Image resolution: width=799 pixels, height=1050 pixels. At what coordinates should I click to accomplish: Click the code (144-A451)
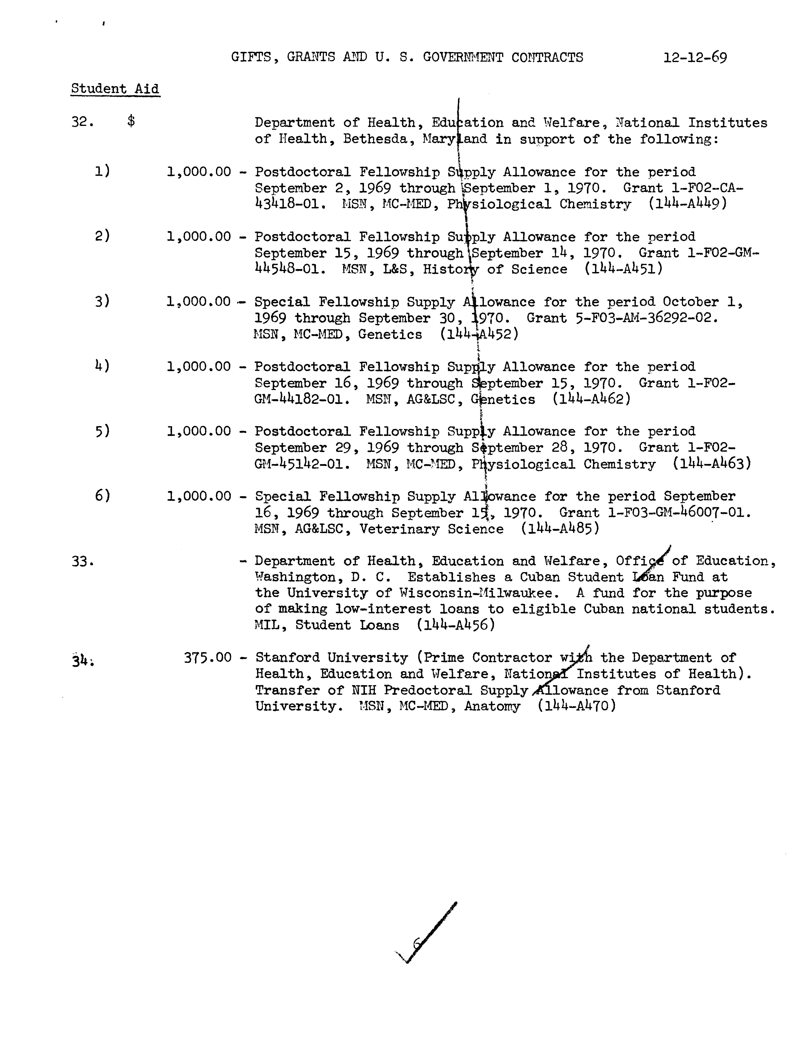623,269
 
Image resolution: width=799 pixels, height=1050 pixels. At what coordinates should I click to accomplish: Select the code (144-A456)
456,625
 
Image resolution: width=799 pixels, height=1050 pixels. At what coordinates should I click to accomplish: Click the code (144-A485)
559,529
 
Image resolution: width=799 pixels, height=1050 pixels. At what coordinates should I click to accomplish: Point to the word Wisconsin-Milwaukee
477,593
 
